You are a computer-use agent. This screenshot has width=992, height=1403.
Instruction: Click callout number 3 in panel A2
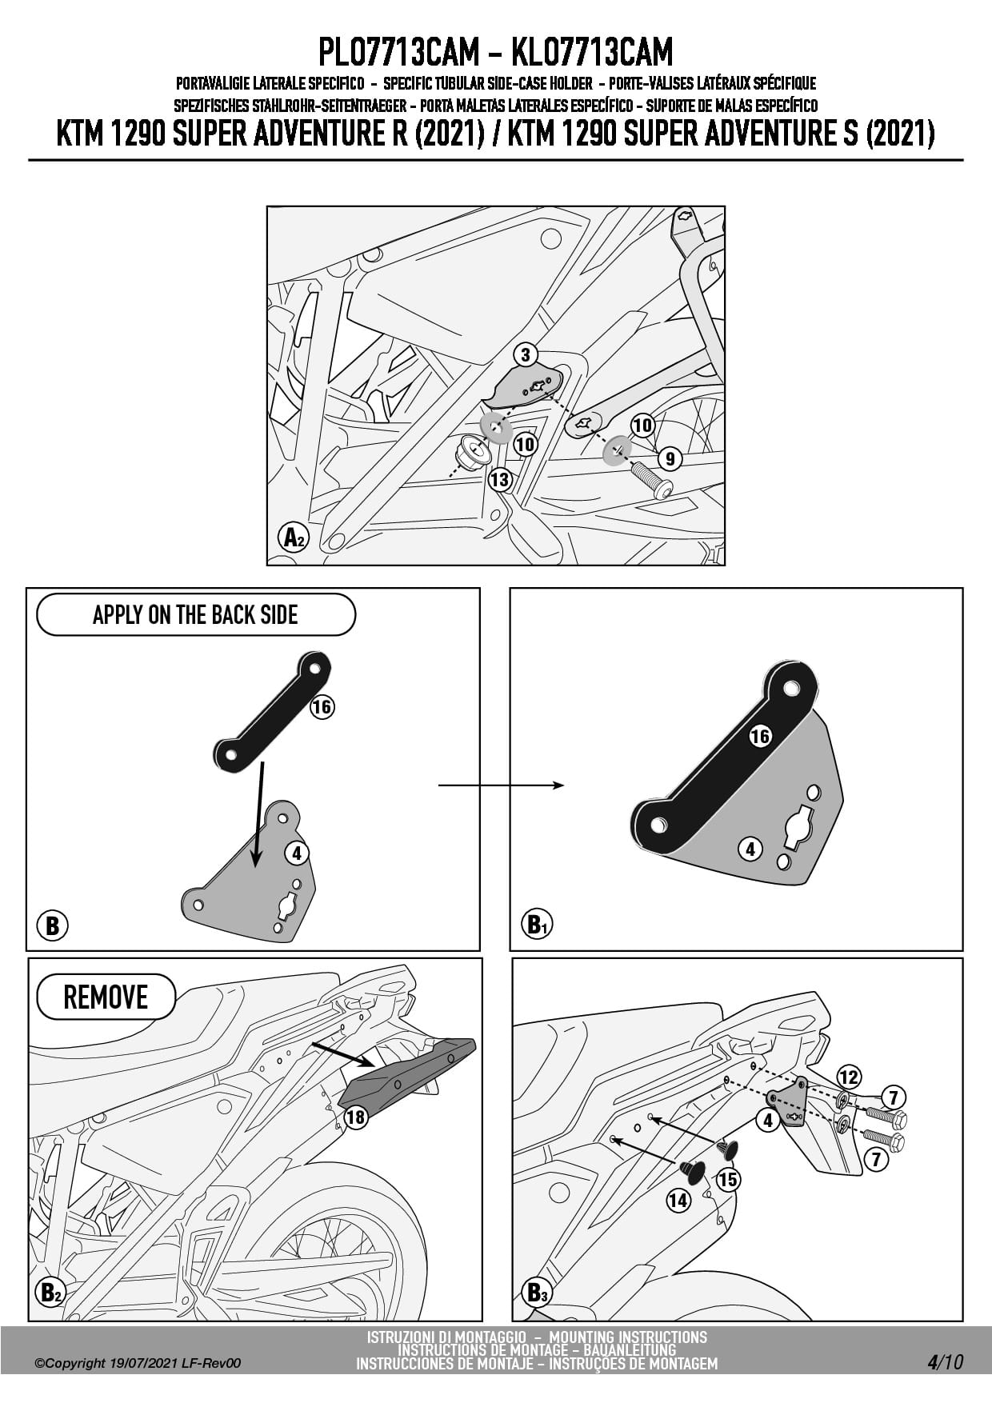[x=525, y=355]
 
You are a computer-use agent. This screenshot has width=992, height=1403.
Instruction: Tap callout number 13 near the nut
[x=500, y=480]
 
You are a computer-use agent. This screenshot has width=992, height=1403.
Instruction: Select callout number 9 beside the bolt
[x=670, y=458]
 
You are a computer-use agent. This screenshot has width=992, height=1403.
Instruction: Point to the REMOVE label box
[x=106, y=997]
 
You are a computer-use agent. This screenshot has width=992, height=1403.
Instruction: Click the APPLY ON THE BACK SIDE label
[x=195, y=614]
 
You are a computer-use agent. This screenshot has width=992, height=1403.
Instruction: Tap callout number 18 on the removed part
[x=355, y=1117]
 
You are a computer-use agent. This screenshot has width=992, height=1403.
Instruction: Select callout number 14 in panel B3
[x=678, y=1200]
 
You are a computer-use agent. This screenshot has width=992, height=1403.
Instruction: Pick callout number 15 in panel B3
[x=728, y=1179]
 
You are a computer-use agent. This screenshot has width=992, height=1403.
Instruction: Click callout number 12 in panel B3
[x=848, y=1077]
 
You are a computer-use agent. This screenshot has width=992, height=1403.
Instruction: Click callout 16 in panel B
[x=322, y=707]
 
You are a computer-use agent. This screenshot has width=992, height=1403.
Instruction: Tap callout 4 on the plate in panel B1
[x=750, y=849]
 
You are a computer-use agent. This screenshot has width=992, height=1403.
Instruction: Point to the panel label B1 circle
[x=536, y=925]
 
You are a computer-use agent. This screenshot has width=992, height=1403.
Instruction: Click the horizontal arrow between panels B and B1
[x=501, y=785]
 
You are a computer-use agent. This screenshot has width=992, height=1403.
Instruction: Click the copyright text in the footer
[x=137, y=1364]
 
